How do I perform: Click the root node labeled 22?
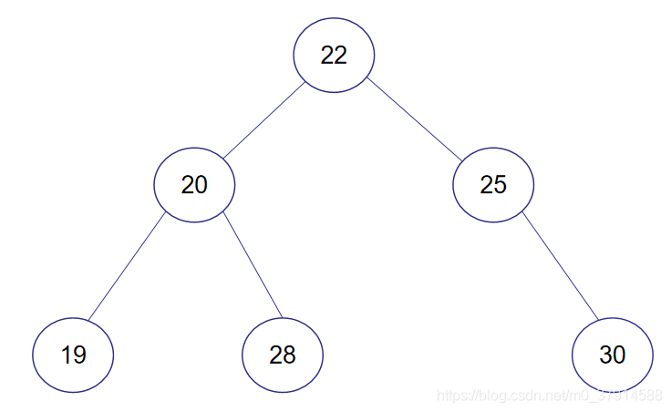tap(334, 55)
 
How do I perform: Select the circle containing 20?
tap(194, 185)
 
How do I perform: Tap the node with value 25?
tap(493, 185)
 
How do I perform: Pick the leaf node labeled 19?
tap(73, 355)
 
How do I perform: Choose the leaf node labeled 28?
tap(283, 355)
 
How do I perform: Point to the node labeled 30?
tap(613, 355)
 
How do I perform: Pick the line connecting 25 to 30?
tap(559, 265)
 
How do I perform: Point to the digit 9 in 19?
tap(79, 355)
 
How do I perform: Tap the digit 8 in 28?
tap(290, 355)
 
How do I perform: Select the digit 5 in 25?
tap(500, 185)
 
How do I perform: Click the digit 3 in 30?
tap(605, 355)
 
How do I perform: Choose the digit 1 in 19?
tap(67, 355)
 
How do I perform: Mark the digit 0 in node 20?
tap(201, 185)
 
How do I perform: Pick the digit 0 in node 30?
tap(619, 355)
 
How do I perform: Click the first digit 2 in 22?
tap(327, 55)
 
